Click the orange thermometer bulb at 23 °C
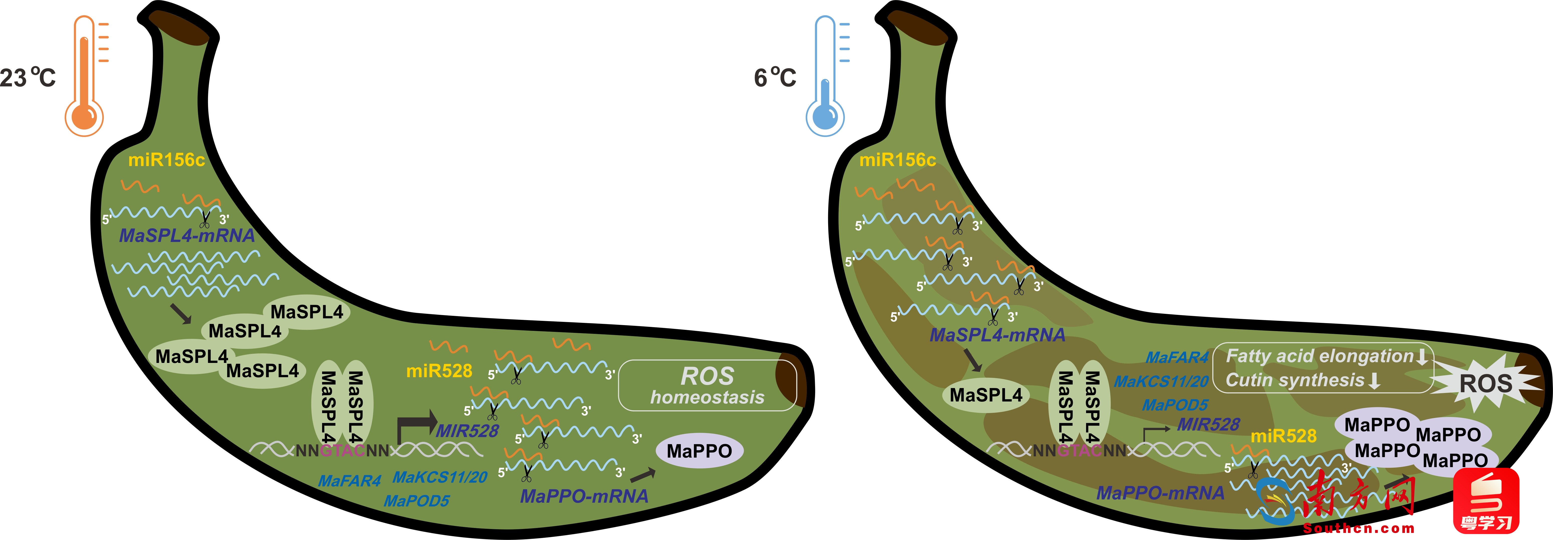(84, 116)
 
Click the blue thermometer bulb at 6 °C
(825, 116)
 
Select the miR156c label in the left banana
(166, 160)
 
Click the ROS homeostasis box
(707, 386)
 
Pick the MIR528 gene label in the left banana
(467, 431)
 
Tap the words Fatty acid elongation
(1319, 356)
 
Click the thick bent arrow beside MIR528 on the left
(416, 425)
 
